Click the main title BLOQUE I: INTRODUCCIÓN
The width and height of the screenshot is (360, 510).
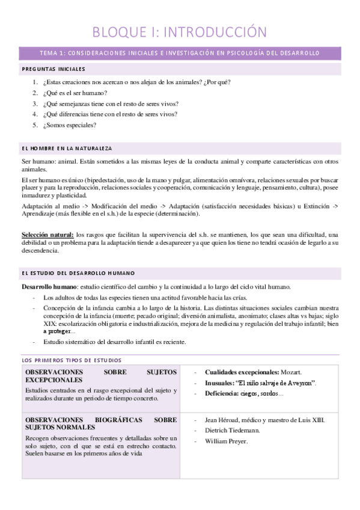[180, 31]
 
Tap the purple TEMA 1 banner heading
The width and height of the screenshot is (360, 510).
[180, 53]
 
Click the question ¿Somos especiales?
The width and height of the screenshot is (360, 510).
[70, 125]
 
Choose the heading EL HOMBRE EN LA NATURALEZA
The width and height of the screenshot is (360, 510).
[66, 148]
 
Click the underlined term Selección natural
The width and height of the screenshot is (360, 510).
[47, 234]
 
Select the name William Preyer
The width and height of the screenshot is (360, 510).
[226, 441]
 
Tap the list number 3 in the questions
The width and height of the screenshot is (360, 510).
[35, 103]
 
